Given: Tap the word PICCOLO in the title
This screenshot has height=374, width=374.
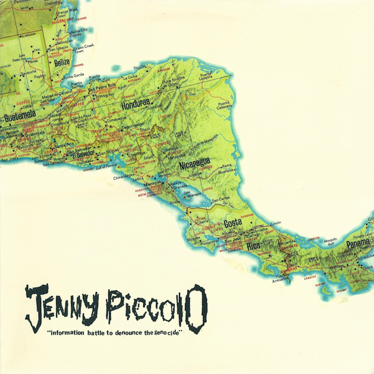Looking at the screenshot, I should click(163, 309).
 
